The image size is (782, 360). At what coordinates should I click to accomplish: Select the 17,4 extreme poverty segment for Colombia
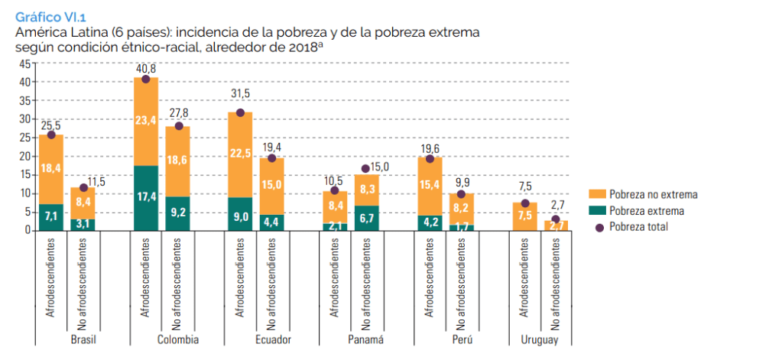click(x=146, y=197)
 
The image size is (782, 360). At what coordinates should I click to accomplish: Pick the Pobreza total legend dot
click(x=599, y=227)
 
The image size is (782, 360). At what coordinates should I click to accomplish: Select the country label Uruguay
click(x=540, y=339)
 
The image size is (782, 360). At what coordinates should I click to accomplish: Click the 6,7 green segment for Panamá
click(x=366, y=218)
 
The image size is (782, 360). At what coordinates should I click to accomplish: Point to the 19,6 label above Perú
click(x=430, y=148)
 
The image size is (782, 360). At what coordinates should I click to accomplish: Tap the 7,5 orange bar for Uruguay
click(x=524, y=216)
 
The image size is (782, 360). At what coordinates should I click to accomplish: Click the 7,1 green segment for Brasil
click(x=52, y=217)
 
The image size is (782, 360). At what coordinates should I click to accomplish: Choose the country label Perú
click(x=445, y=339)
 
